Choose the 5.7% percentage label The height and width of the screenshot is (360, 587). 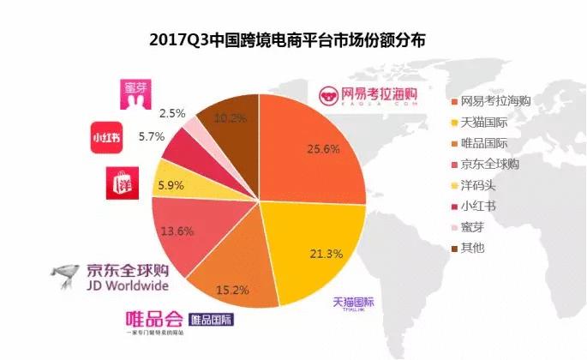click(x=152, y=136)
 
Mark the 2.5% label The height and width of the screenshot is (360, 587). click(x=173, y=112)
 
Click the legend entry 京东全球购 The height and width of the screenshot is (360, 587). click(x=489, y=164)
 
